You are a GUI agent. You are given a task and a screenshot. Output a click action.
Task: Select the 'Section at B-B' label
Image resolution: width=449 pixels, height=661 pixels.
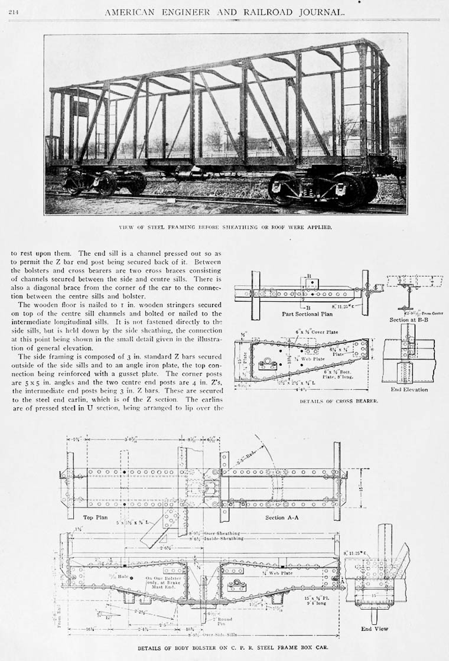pyautogui.click(x=407, y=320)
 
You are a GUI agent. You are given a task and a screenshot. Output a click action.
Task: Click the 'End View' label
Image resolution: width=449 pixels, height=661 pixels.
pyautogui.click(x=375, y=629)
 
